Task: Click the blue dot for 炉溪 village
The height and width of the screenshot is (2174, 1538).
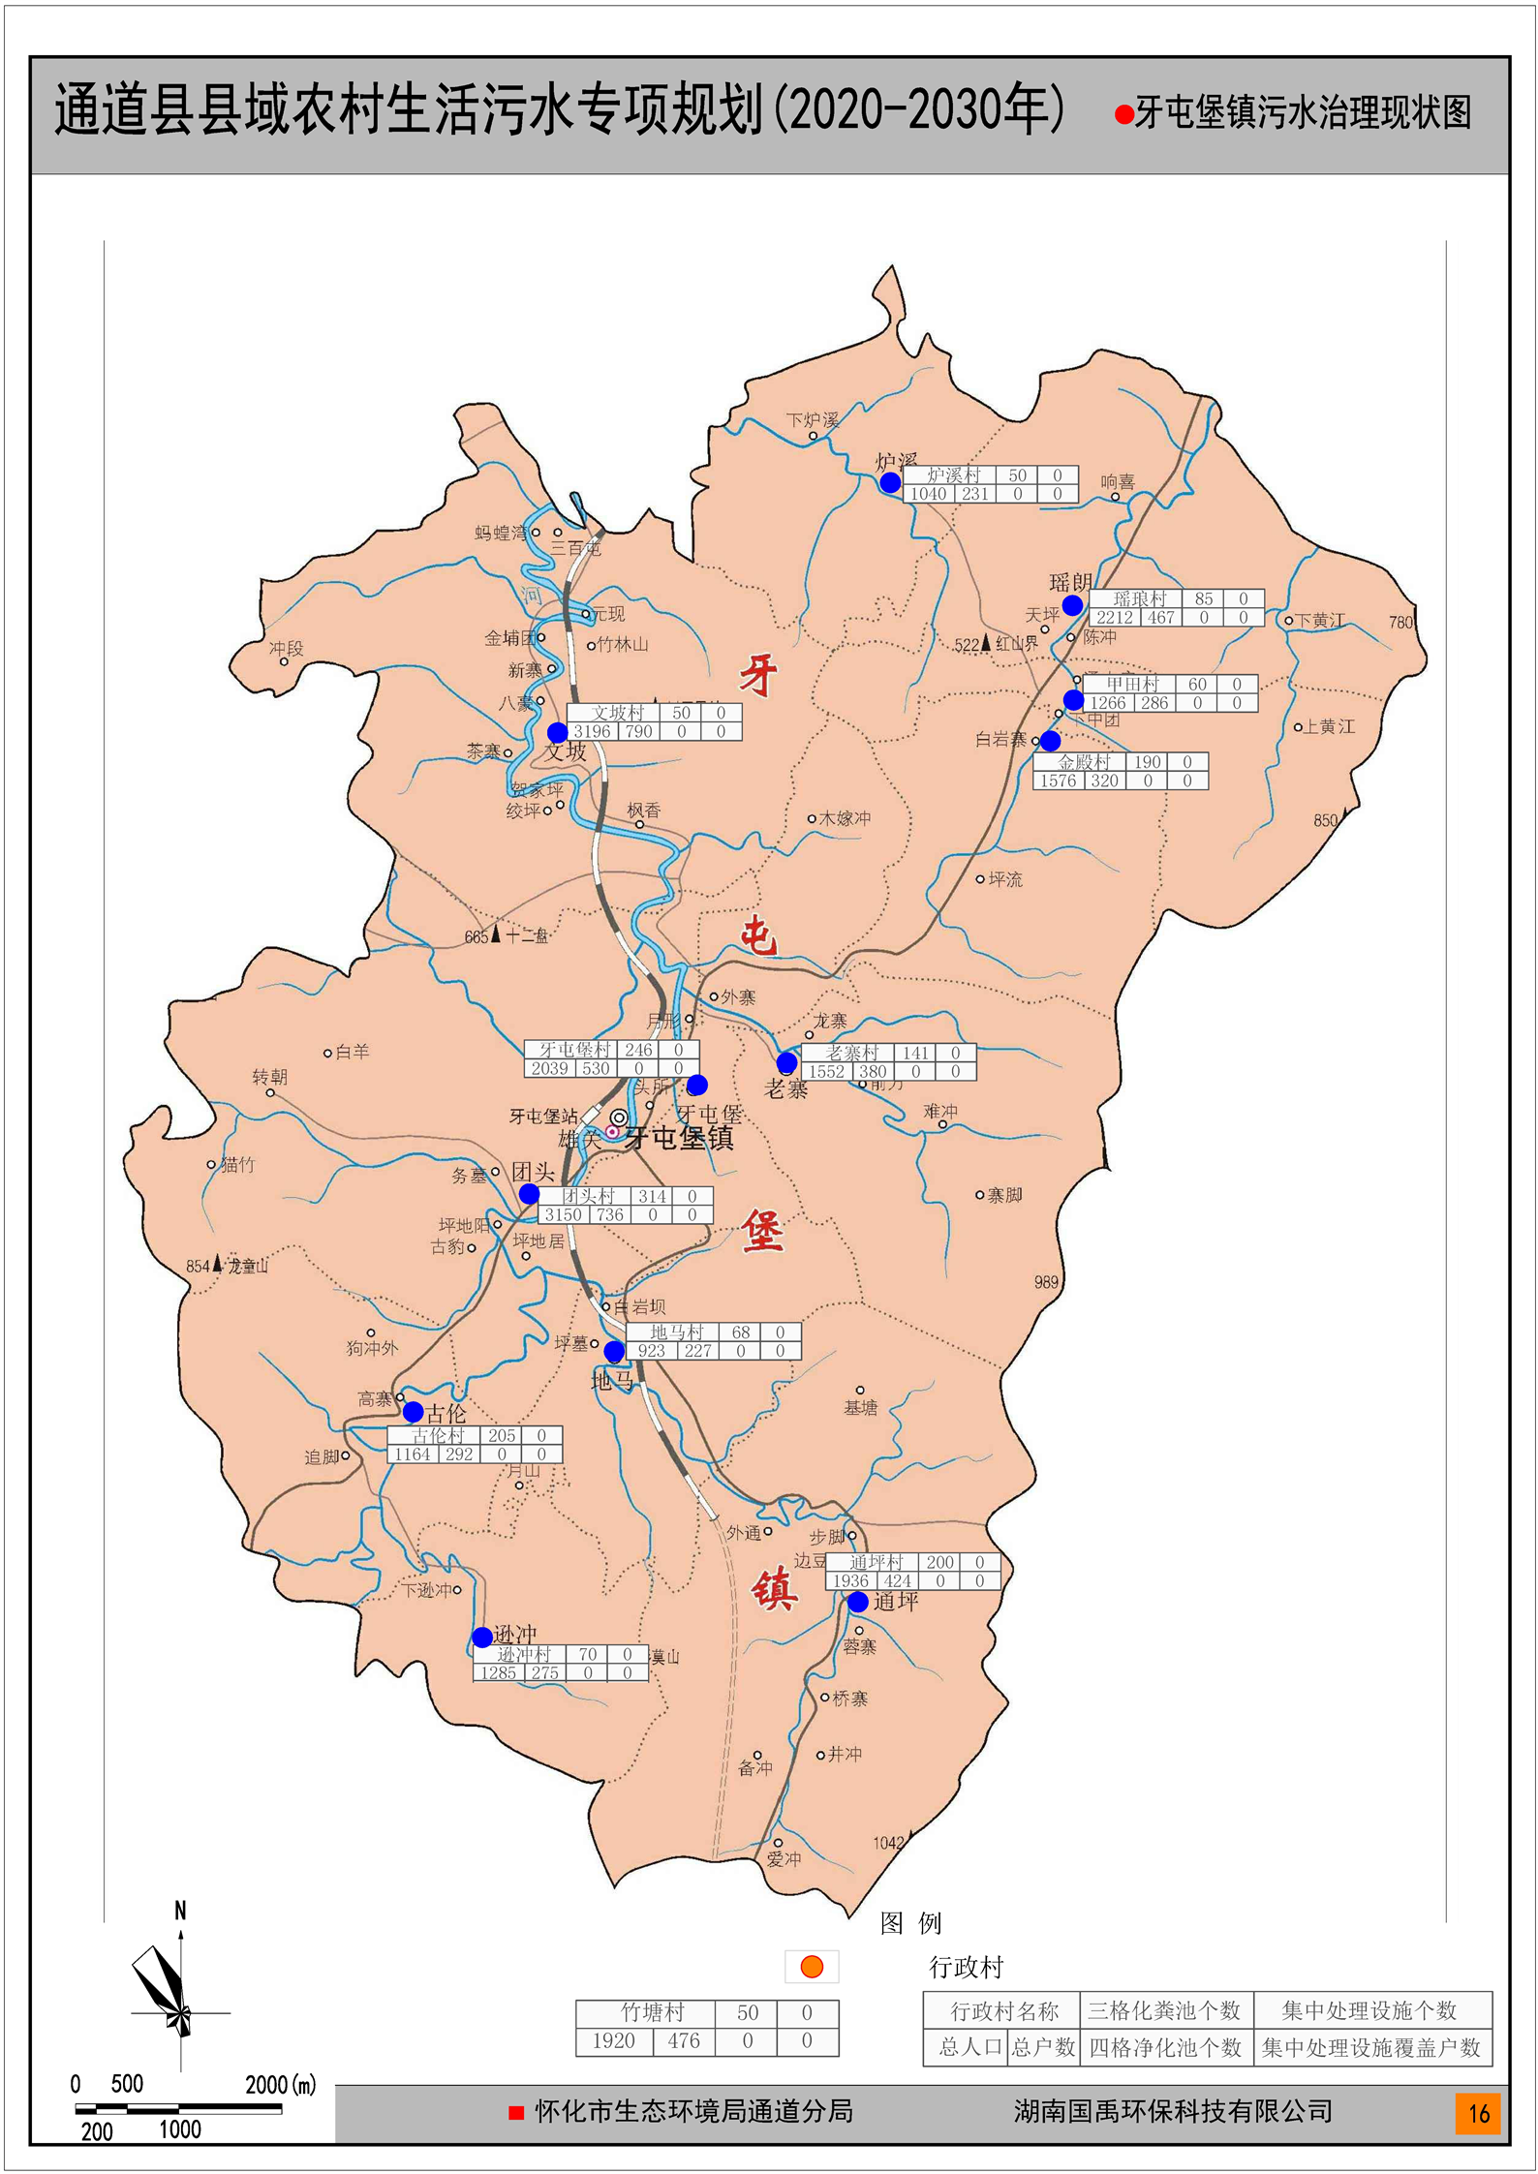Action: click(890, 482)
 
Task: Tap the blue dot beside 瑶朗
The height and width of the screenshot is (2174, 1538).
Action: click(1072, 605)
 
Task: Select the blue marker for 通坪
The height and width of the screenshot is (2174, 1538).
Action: click(858, 1602)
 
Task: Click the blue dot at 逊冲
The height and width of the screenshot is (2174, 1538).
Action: click(482, 1637)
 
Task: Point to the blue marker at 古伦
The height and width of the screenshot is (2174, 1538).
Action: click(414, 1412)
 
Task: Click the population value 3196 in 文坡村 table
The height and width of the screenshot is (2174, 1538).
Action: click(592, 732)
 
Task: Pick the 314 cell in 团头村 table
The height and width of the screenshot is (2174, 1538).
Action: click(652, 1196)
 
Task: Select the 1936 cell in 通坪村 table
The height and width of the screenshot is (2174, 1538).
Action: click(850, 1581)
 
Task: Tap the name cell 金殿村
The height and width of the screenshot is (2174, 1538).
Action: click(1083, 762)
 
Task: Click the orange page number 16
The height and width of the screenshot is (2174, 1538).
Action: click(1478, 2113)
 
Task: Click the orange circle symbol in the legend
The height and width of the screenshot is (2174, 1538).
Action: click(812, 1967)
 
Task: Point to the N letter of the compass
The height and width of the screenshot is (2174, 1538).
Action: click(180, 1911)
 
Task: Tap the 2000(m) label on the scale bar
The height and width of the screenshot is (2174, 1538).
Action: click(280, 2085)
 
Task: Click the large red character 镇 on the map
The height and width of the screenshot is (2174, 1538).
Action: click(774, 1589)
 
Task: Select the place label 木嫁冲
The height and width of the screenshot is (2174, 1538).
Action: click(845, 818)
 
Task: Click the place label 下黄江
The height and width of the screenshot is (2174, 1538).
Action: click(1320, 621)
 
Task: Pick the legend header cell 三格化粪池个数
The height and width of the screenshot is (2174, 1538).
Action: click(1165, 2011)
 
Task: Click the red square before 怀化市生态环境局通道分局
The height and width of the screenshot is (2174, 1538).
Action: click(516, 2113)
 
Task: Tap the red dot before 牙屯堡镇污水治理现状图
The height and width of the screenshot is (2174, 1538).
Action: click(1123, 115)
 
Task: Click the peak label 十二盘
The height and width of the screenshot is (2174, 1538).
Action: click(527, 935)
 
